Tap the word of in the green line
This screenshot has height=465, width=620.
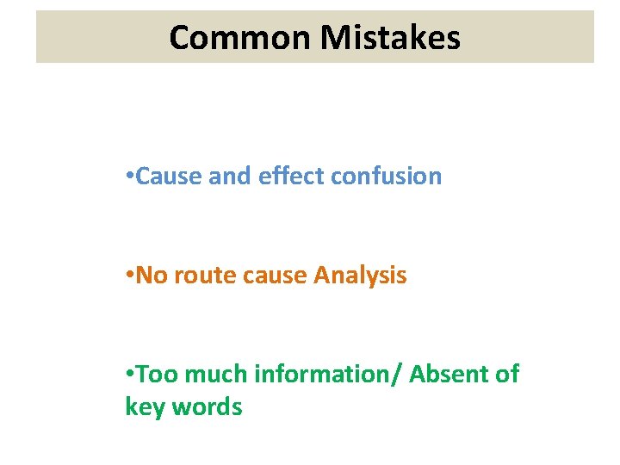tap(507, 375)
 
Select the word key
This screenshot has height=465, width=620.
tap(145, 406)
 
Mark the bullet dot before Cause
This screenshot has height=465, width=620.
tap(128, 177)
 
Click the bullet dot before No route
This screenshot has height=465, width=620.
tap(128, 276)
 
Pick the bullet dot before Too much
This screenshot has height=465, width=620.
tap(128, 375)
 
